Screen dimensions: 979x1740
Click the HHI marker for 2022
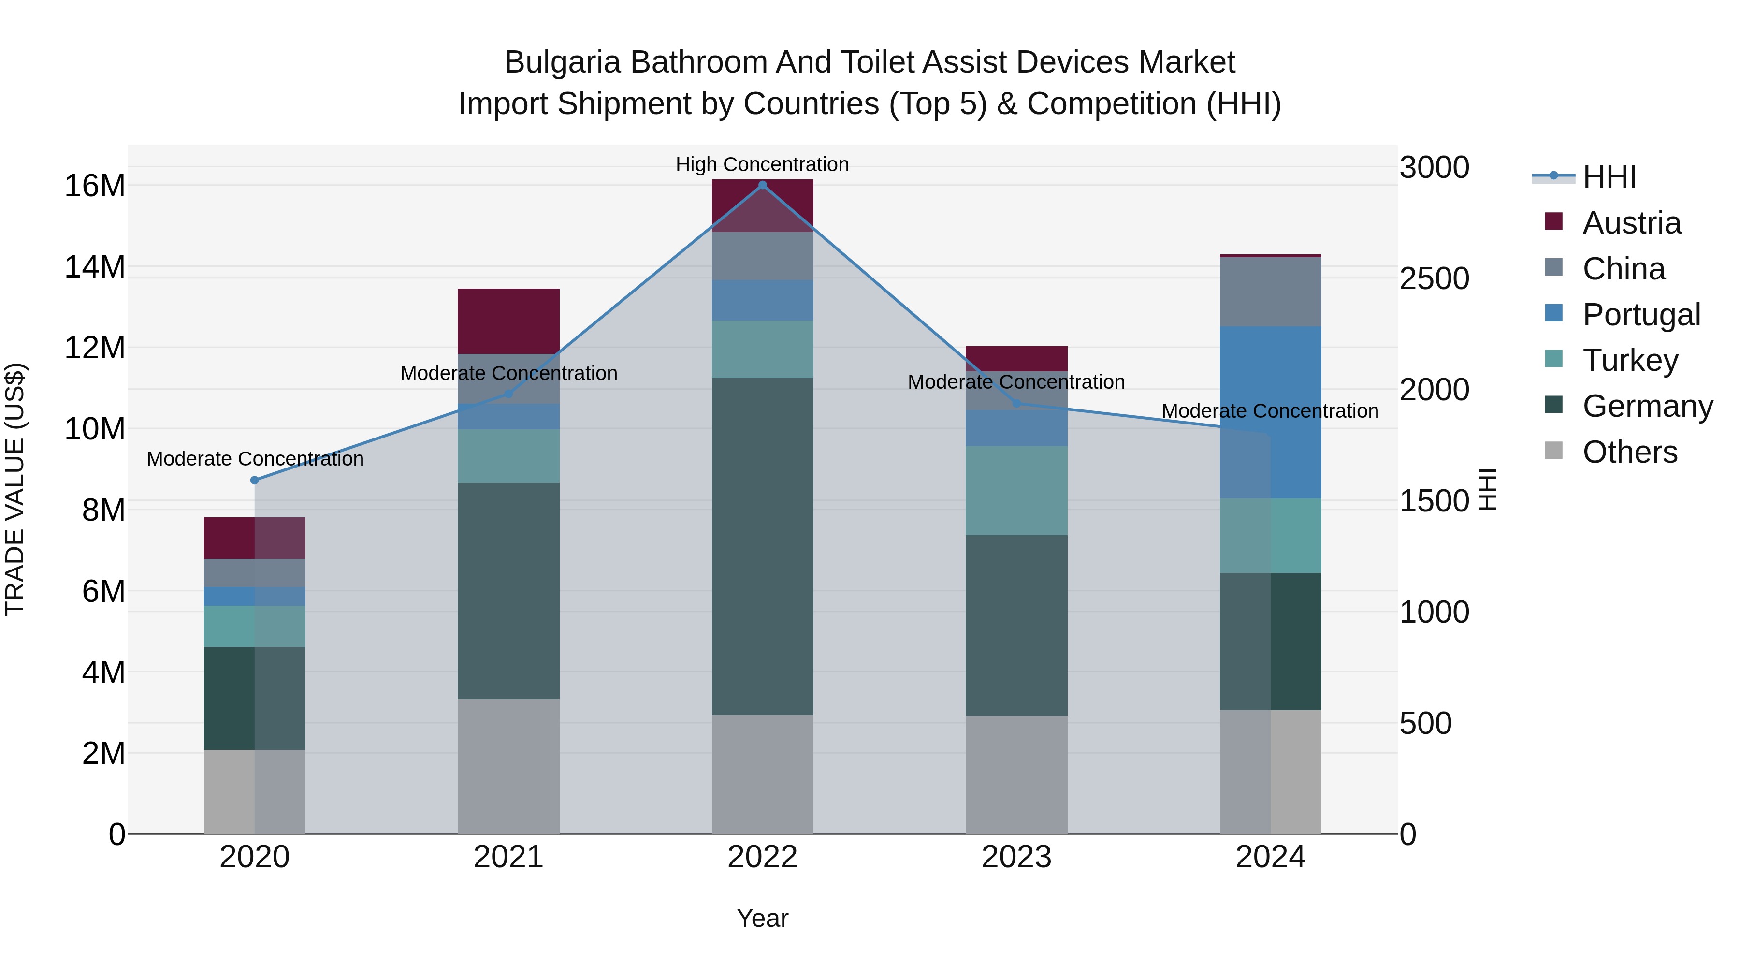coord(763,185)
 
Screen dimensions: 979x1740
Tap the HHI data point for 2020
coord(255,481)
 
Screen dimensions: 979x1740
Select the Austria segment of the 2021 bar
coord(508,321)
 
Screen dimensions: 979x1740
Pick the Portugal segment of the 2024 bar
coord(1271,412)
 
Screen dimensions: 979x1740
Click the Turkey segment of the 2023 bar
coord(1016,491)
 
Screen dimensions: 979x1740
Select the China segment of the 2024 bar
coord(1271,292)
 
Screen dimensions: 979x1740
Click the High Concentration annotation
coord(763,164)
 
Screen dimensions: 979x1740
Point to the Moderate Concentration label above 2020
coord(255,459)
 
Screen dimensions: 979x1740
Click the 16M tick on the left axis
coord(95,186)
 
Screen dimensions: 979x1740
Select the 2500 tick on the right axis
coord(1434,278)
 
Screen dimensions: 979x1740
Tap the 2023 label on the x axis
coord(1016,857)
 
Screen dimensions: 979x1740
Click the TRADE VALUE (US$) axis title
coord(15,489)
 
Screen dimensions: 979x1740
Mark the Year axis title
coord(763,918)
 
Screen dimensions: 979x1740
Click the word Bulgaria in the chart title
coord(562,62)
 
